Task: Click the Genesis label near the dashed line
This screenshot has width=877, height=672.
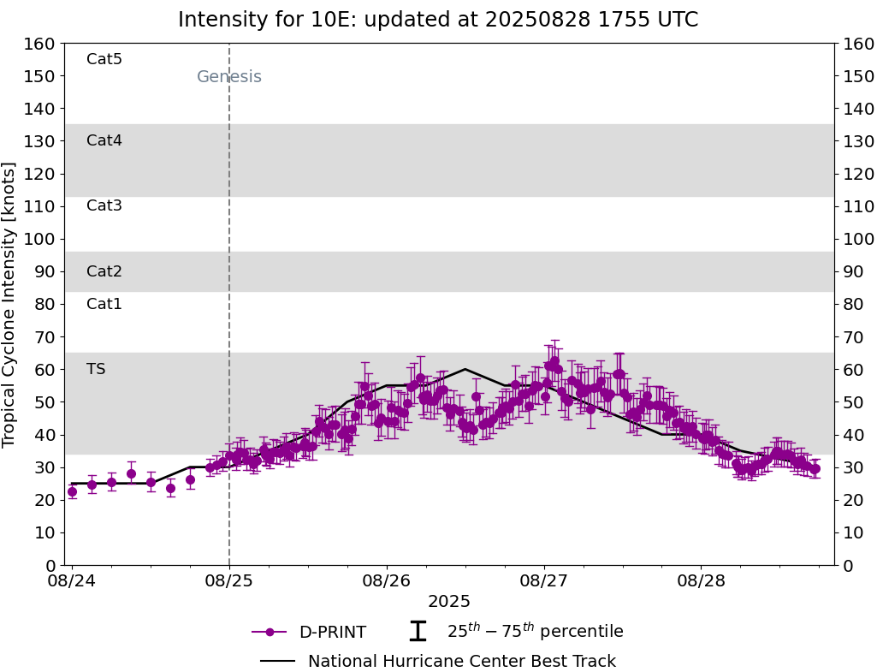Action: click(x=229, y=77)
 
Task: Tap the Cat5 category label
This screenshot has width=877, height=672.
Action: click(x=104, y=59)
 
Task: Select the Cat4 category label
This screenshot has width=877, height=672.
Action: click(x=104, y=140)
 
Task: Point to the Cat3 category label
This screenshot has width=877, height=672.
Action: click(x=104, y=205)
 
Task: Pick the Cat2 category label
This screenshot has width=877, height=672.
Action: click(x=104, y=271)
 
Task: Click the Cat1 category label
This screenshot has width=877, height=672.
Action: click(x=104, y=304)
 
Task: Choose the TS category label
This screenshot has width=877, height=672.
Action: click(x=96, y=369)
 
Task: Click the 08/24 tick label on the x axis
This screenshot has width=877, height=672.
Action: click(x=72, y=581)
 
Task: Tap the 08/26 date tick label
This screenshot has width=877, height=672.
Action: click(x=387, y=581)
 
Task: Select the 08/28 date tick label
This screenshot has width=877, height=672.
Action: click(x=702, y=581)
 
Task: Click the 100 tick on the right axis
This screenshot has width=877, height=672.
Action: click(x=858, y=239)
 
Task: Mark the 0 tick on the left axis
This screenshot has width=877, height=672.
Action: click(x=50, y=565)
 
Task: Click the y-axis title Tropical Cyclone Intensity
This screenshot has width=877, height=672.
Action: click(x=10, y=304)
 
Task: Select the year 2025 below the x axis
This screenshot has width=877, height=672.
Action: click(x=449, y=602)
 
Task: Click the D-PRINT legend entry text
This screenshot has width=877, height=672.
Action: click(x=333, y=633)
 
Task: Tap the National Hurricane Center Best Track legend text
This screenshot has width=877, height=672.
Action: click(x=462, y=662)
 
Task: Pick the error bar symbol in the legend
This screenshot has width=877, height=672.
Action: click(x=418, y=632)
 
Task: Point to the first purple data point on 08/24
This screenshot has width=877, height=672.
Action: click(x=72, y=491)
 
